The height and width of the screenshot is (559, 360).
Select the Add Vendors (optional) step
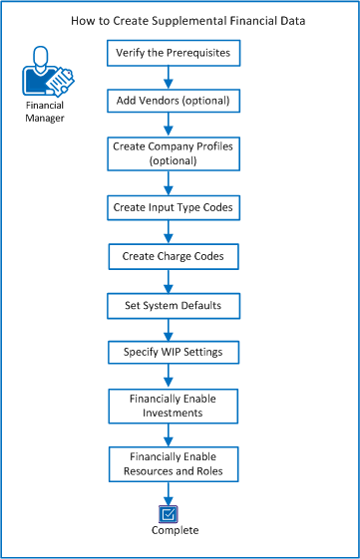pos(174,101)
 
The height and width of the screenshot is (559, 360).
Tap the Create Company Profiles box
pos(174,152)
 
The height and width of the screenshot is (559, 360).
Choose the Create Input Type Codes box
pos(174,208)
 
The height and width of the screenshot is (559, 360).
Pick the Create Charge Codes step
pos(174,256)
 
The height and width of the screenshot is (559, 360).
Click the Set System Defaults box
pos(174,305)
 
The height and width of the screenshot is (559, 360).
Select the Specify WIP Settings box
pos(174,353)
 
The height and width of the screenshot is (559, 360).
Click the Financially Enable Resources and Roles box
pos(174,461)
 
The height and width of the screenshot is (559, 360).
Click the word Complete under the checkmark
pos(175,531)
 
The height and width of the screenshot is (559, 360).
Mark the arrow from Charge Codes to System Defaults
pos(174,281)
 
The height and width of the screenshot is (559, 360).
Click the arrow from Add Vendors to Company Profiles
pos(174,125)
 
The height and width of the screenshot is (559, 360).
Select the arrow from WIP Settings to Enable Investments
pos(174,378)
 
